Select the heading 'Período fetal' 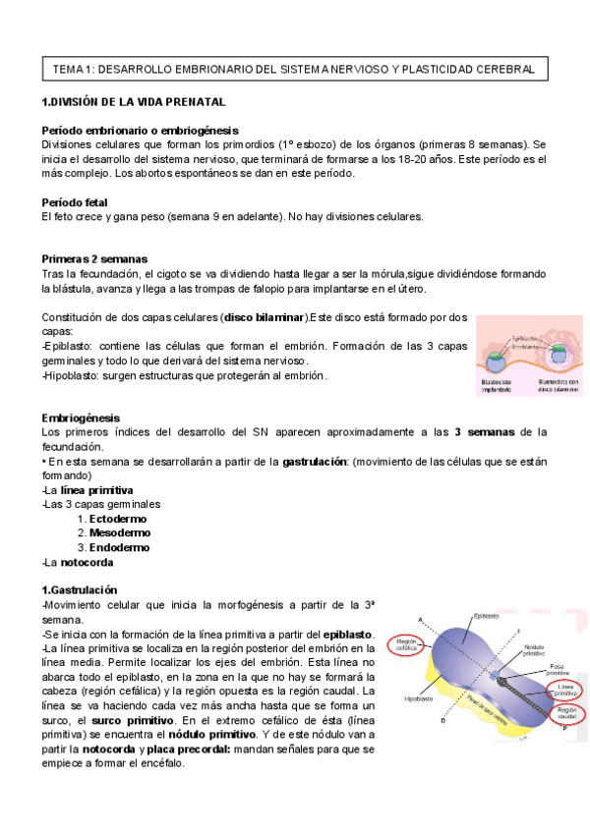click(x=80, y=202)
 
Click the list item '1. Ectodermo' click(x=113, y=519)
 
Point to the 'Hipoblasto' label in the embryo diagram click(x=419, y=699)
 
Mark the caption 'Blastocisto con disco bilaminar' click(x=559, y=386)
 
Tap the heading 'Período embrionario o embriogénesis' click(x=140, y=131)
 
